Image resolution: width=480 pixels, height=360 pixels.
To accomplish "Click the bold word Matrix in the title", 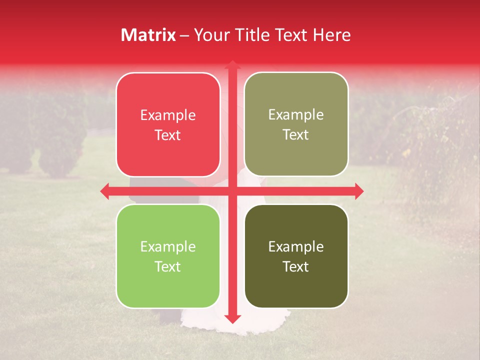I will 148,35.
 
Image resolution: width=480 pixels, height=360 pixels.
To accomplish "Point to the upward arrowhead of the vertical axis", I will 232,65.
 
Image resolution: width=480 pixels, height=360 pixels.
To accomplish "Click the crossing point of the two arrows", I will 232,191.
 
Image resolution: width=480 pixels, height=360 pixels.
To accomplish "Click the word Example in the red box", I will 168,115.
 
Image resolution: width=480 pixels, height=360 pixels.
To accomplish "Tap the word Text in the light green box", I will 168,266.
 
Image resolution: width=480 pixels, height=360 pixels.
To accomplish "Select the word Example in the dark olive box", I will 296,246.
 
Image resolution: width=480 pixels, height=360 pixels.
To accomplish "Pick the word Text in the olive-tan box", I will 296,135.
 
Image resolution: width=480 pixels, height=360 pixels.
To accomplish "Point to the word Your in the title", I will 210,35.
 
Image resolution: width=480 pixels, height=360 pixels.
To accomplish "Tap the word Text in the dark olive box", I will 296,266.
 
